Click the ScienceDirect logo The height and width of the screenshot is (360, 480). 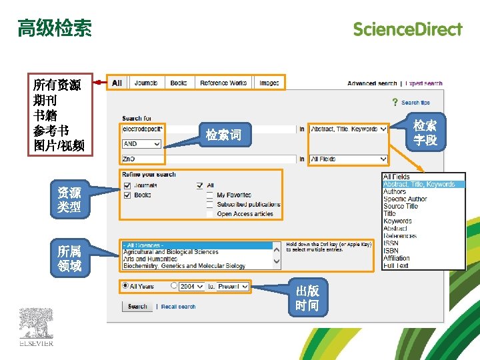(407, 29)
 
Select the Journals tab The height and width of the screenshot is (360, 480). (146, 83)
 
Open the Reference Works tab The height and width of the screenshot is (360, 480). (223, 83)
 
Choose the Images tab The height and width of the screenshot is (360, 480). (269, 83)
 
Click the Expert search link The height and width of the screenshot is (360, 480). (424, 83)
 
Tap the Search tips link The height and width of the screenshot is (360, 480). (415, 103)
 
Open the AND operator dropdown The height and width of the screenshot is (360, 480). (142, 144)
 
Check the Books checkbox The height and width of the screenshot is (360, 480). (127, 195)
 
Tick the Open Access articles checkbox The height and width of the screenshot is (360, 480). (210, 214)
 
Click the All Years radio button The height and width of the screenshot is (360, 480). (125, 286)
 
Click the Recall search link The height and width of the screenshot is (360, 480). (178, 307)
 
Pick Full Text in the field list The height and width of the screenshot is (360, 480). (396, 265)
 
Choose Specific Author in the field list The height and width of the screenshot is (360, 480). (405, 199)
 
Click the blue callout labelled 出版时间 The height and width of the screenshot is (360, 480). (307, 298)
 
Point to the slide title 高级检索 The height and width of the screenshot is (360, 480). (55, 28)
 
